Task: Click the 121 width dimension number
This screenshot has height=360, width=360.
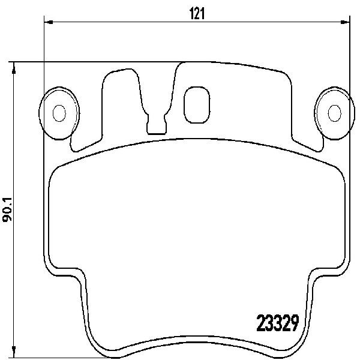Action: [x=197, y=13]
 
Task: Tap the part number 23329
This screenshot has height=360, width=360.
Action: [x=278, y=323]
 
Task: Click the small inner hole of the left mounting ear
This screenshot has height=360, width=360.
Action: [x=59, y=113]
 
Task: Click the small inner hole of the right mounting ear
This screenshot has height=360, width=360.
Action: [x=335, y=113]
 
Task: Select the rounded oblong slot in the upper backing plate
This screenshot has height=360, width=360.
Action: [x=197, y=104]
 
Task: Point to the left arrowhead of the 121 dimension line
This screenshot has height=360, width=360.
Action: [x=49, y=22]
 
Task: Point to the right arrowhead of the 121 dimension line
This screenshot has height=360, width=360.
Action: [x=345, y=22]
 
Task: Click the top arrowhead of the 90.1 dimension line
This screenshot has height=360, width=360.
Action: [x=14, y=68]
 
